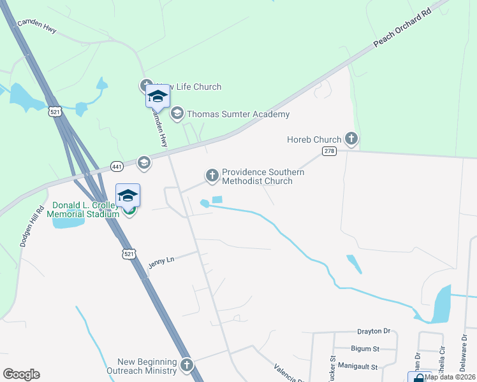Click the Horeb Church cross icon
click(351, 138)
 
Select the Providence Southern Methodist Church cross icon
click(212, 174)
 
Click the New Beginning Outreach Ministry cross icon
click(186, 365)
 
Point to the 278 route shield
click(329, 151)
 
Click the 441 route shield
click(117, 166)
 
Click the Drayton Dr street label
click(373, 331)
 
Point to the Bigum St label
click(365, 349)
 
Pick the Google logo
click(22, 374)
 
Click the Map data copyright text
click(449, 377)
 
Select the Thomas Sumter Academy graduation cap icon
click(177, 114)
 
